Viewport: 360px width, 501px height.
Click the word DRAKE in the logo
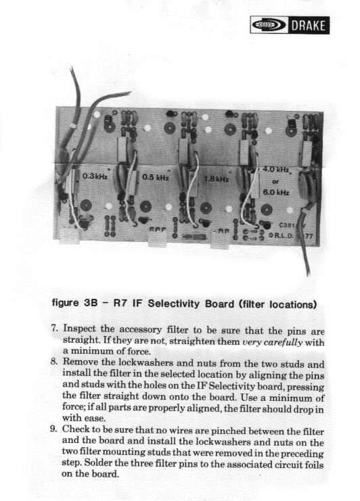tap(308, 25)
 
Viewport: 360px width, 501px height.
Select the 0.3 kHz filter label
tap(95, 176)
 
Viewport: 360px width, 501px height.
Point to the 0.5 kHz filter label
tap(156, 177)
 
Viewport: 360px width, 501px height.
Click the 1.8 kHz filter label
tap(217, 178)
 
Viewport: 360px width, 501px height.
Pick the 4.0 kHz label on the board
tap(275, 169)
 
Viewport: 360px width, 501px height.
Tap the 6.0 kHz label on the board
tap(276, 192)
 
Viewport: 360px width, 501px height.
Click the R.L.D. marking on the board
tap(280, 235)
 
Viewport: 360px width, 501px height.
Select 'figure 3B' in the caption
tap(74, 303)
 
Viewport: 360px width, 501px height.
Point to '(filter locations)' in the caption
tap(278, 304)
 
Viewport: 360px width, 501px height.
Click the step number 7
tap(53, 328)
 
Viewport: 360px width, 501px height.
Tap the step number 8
tap(53, 362)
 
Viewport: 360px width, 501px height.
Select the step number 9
tap(53, 429)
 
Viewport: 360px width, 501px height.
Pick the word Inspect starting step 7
tap(79, 329)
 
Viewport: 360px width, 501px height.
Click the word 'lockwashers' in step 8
tap(146, 362)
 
